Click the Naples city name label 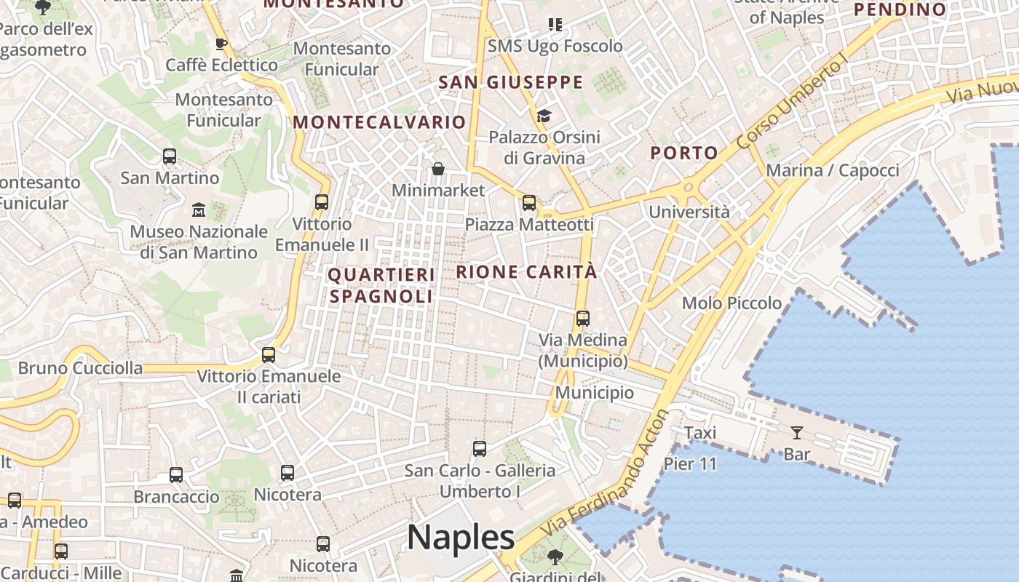click(461, 538)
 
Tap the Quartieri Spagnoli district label click(381, 285)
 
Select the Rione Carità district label click(526, 272)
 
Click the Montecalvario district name click(379, 121)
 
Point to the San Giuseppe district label click(511, 82)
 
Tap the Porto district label click(684, 153)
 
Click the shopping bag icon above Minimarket click(438, 170)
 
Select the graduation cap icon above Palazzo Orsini click(544, 116)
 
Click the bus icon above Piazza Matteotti click(529, 203)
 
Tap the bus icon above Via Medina click(582, 319)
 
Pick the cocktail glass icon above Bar click(797, 433)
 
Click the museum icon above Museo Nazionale click(199, 210)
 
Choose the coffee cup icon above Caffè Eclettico click(221, 44)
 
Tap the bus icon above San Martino click(170, 156)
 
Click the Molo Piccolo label click(731, 303)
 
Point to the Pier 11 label click(690, 463)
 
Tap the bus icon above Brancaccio click(176, 475)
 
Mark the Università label click(689, 212)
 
